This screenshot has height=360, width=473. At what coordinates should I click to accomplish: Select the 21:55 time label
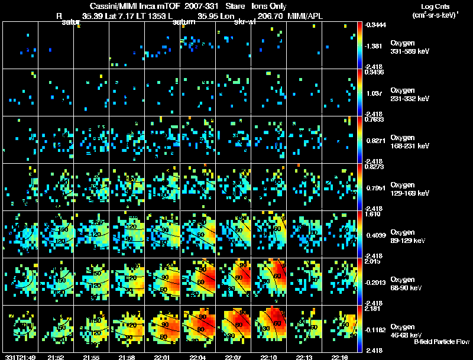(x=91, y=356)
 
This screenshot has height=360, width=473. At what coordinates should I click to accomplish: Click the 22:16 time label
(x=339, y=356)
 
